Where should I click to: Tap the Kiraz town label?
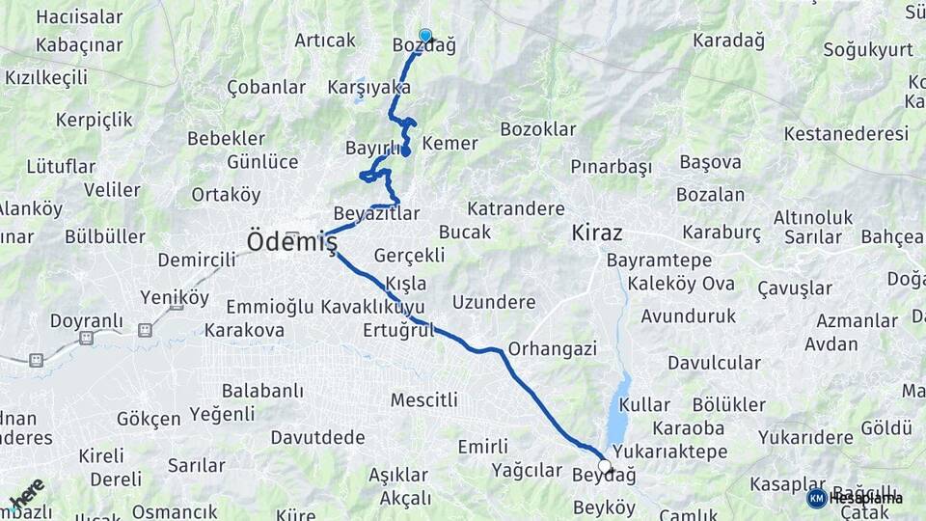[x=597, y=233]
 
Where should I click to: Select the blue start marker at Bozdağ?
[x=425, y=36]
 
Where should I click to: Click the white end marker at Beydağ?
[x=605, y=467]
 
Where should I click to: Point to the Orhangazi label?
[x=553, y=348]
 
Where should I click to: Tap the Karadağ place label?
[x=728, y=41]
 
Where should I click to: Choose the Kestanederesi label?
[x=846, y=133]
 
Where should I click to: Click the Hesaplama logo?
[x=855, y=498]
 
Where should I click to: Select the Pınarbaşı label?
[x=612, y=167]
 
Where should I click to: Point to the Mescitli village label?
[x=423, y=399]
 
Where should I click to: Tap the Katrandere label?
[x=516, y=208]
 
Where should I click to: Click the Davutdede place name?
[x=317, y=437]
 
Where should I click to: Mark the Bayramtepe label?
[x=660, y=260]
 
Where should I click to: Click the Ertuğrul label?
[x=399, y=330]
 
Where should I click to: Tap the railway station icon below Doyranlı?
[x=86, y=338]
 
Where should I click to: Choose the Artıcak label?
[x=325, y=41]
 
